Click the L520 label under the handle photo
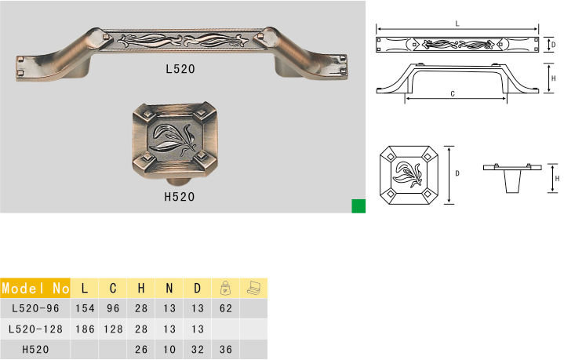(x=180, y=69)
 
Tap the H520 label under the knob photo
(x=180, y=197)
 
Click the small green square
(x=358, y=206)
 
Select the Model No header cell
(x=35, y=288)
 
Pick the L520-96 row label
(x=35, y=308)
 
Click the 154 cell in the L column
(x=85, y=308)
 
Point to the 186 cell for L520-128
(x=85, y=329)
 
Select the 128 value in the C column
(x=113, y=329)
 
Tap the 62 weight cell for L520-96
(x=226, y=308)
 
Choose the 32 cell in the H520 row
(x=198, y=349)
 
